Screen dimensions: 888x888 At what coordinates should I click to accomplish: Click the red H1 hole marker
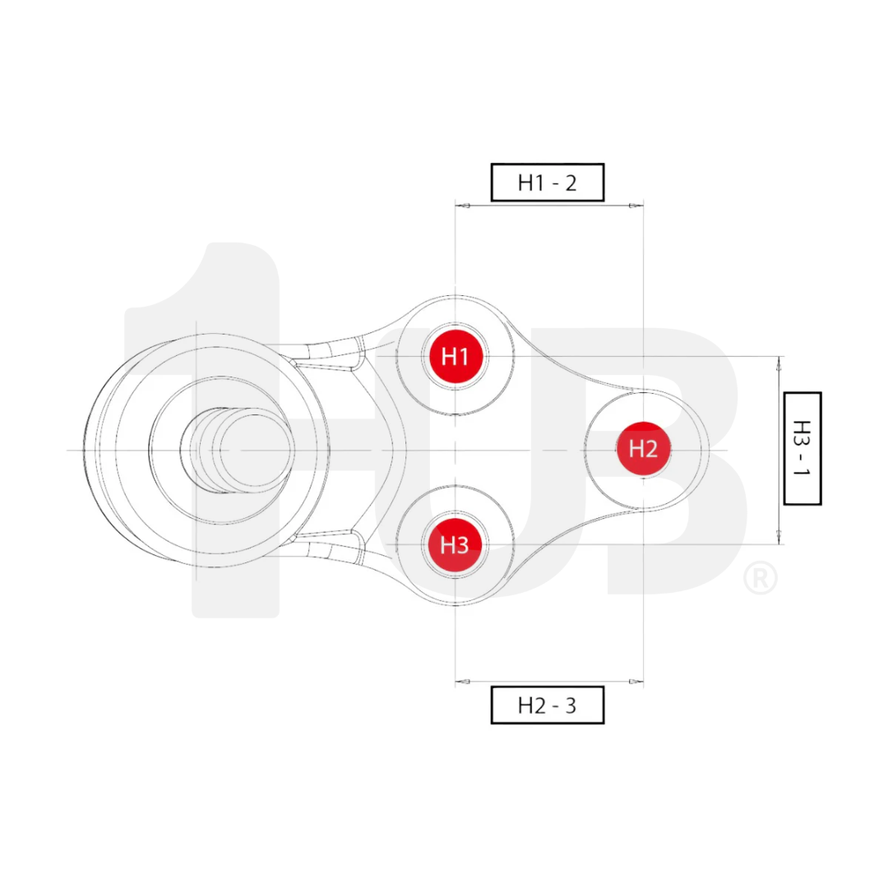455,356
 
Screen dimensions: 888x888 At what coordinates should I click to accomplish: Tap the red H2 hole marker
643,449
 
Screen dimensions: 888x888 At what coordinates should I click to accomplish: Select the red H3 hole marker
454,544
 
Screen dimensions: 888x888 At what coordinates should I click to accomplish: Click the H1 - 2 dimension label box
548,183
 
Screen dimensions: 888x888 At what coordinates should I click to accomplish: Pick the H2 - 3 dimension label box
548,705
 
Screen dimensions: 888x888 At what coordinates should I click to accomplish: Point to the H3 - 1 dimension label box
802,448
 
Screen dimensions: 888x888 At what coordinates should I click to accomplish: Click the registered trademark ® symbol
760,578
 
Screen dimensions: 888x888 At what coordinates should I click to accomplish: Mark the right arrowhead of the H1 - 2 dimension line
636,206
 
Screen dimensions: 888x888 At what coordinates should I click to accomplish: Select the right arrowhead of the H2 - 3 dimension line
636,682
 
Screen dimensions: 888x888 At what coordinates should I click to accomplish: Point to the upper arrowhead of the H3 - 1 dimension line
778,363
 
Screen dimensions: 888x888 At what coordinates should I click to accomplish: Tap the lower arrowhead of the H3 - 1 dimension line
778,538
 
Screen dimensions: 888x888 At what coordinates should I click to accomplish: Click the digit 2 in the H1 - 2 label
570,183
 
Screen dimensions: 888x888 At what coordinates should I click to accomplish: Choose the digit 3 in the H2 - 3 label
570,705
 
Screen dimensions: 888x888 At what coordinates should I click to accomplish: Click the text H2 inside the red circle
643,449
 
